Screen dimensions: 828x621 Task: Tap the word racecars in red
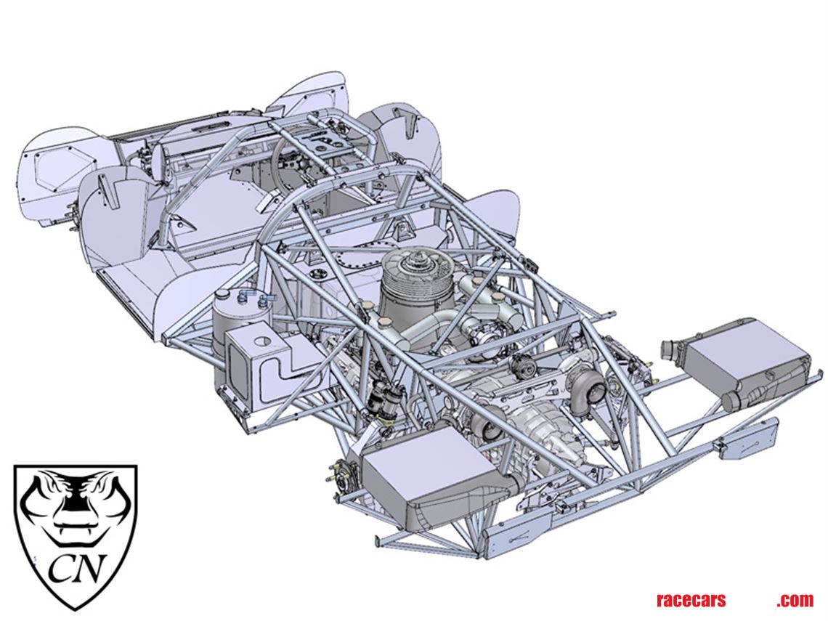[691, 601]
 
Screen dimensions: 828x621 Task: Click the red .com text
[795, 601]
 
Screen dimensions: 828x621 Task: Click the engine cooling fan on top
[418, 266]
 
